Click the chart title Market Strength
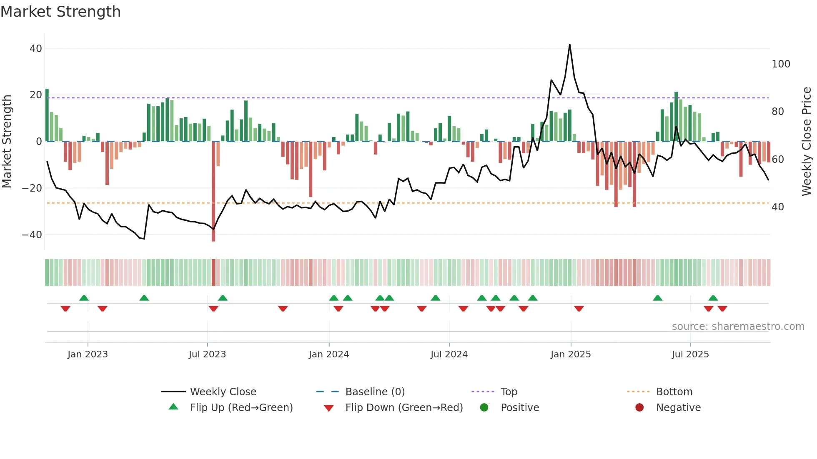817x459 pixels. [60, 12]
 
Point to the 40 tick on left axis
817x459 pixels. [36, 49]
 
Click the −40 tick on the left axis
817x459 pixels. [32, 235]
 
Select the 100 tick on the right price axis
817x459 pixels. [781, 64]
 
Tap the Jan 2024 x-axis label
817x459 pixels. [328, 354]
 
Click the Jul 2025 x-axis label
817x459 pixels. [690, 354]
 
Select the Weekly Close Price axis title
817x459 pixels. [807, 142]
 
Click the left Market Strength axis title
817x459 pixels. [7, 142]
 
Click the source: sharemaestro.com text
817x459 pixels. [738, 327]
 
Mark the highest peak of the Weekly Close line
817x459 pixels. [569, 45]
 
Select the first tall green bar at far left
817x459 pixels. [47, 115]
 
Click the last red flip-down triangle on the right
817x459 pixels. [722, 309]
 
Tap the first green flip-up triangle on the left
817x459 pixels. [84, 298]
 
